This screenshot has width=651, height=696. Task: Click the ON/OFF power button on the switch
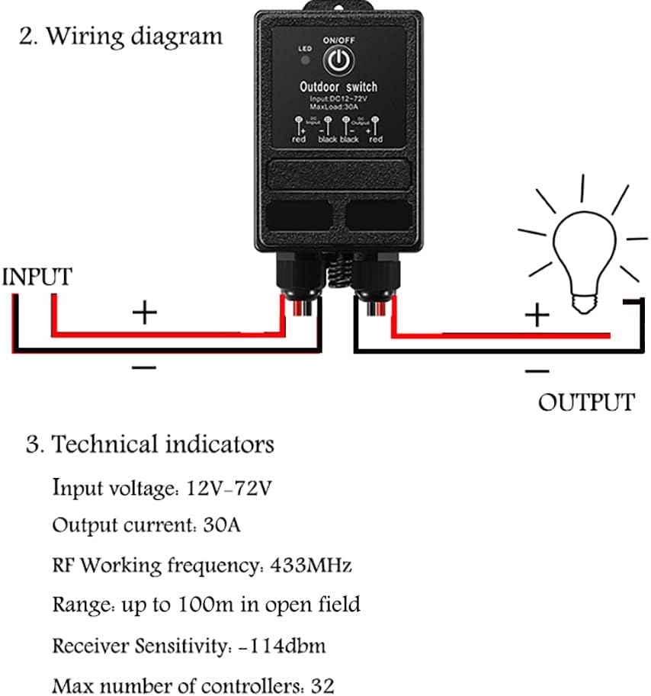pos(338,60)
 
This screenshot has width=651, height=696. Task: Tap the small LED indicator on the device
pos(304,59)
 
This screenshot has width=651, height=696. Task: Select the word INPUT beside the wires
pos(37,277)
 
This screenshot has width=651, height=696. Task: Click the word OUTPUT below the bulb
pos(585,402)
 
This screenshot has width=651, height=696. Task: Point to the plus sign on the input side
pos(144,312)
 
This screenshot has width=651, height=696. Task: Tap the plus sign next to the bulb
pos(538,313)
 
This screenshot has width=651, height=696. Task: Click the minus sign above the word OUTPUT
pos(537,371)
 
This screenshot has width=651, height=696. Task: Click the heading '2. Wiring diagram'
pos(120,36)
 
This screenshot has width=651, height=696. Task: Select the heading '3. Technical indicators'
pos(149,444)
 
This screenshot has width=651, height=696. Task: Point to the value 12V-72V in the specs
pos(229,486)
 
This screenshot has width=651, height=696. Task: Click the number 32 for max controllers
pos(322,685)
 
